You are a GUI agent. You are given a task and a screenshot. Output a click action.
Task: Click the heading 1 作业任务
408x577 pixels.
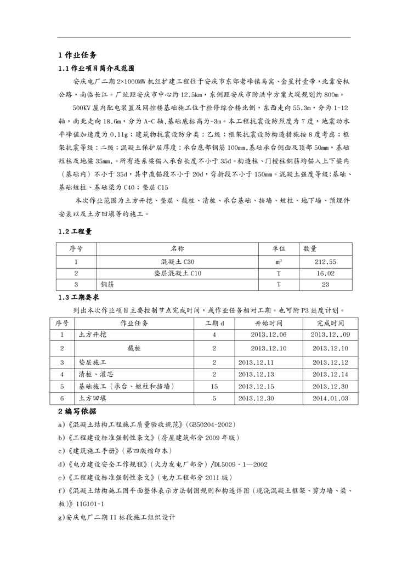pyautogui.click(x=77, y=55)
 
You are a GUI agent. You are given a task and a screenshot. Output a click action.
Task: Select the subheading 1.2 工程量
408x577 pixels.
pyautogui.click(x=75, y=231)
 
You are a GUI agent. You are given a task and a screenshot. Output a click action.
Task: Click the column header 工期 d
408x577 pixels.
pyautogui.click(x=214, y=323)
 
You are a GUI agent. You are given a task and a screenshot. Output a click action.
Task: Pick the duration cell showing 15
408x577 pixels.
pyautogui.click(x=214, y=387)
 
